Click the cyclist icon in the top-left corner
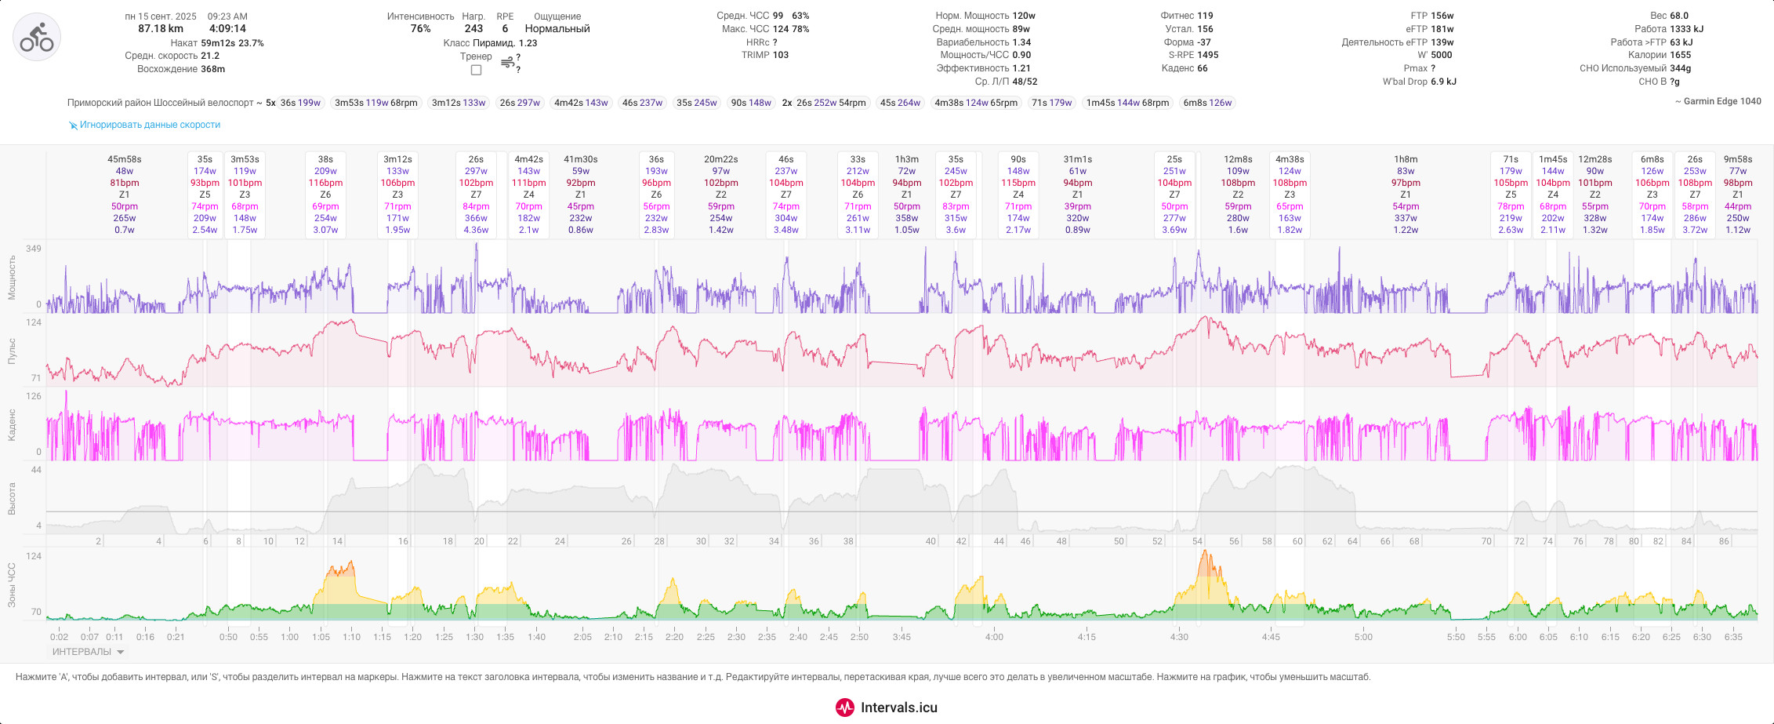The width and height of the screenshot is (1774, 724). click(37, 37)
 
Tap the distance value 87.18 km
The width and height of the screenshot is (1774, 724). click(161, 29)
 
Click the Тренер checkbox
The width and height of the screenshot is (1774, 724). click(476, 70)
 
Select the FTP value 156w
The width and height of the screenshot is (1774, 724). click(1442, 16)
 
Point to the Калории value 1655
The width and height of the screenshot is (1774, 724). click(1681, 55)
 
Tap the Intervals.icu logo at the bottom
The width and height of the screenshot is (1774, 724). click(887, 708)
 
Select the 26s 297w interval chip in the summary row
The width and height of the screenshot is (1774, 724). click(520, 103)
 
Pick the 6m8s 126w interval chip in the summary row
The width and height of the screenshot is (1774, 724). click(1207, 103)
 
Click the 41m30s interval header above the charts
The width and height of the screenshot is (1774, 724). click(581, 159)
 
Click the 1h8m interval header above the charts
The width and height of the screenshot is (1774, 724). click(1406, 159)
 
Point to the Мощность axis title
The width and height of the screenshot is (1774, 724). click(12, 277)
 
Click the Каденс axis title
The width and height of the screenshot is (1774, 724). click(12, 424)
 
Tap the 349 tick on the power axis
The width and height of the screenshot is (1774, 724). click(34, 249)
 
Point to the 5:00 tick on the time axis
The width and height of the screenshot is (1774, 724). click(1364, 637)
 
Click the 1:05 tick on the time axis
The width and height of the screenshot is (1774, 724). click(321, 637)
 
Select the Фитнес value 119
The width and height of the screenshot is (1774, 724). click(1205, 16)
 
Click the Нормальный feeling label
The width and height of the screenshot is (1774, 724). click(557, 29)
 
